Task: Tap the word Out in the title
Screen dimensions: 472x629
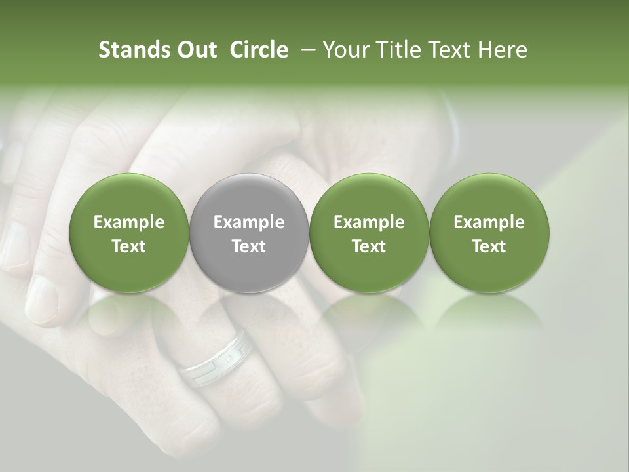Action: click(x=195, y=50)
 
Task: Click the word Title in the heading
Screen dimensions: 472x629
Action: click(x=397, y=50)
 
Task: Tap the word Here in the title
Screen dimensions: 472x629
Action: click(x=501, y=50)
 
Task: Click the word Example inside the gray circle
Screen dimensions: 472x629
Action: click(x=249, y=223)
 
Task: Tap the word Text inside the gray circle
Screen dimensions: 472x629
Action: click(x=249, y=246)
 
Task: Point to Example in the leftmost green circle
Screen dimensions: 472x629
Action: click(x=128, y=223)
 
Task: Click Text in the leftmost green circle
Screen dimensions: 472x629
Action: click(x=128, y=246)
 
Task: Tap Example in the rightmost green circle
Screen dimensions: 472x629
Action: click(x=489, y=223)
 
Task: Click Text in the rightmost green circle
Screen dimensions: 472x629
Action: click(x=489, y=246)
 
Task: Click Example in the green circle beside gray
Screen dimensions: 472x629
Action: click(x=369, y=223)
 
